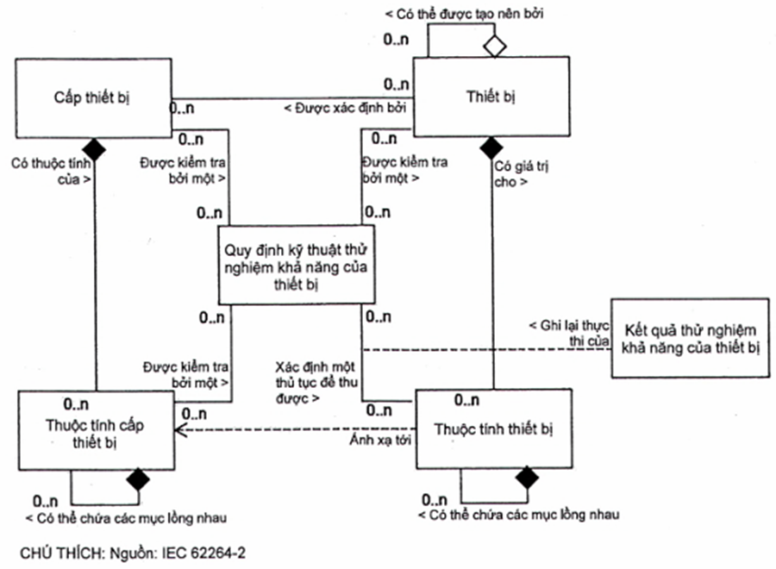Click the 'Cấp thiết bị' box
[87, 96]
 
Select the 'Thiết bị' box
[491, 96]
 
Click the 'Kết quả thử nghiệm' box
[689, 338]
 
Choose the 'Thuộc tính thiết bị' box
[494, 428]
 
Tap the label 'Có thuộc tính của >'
[51, 171]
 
